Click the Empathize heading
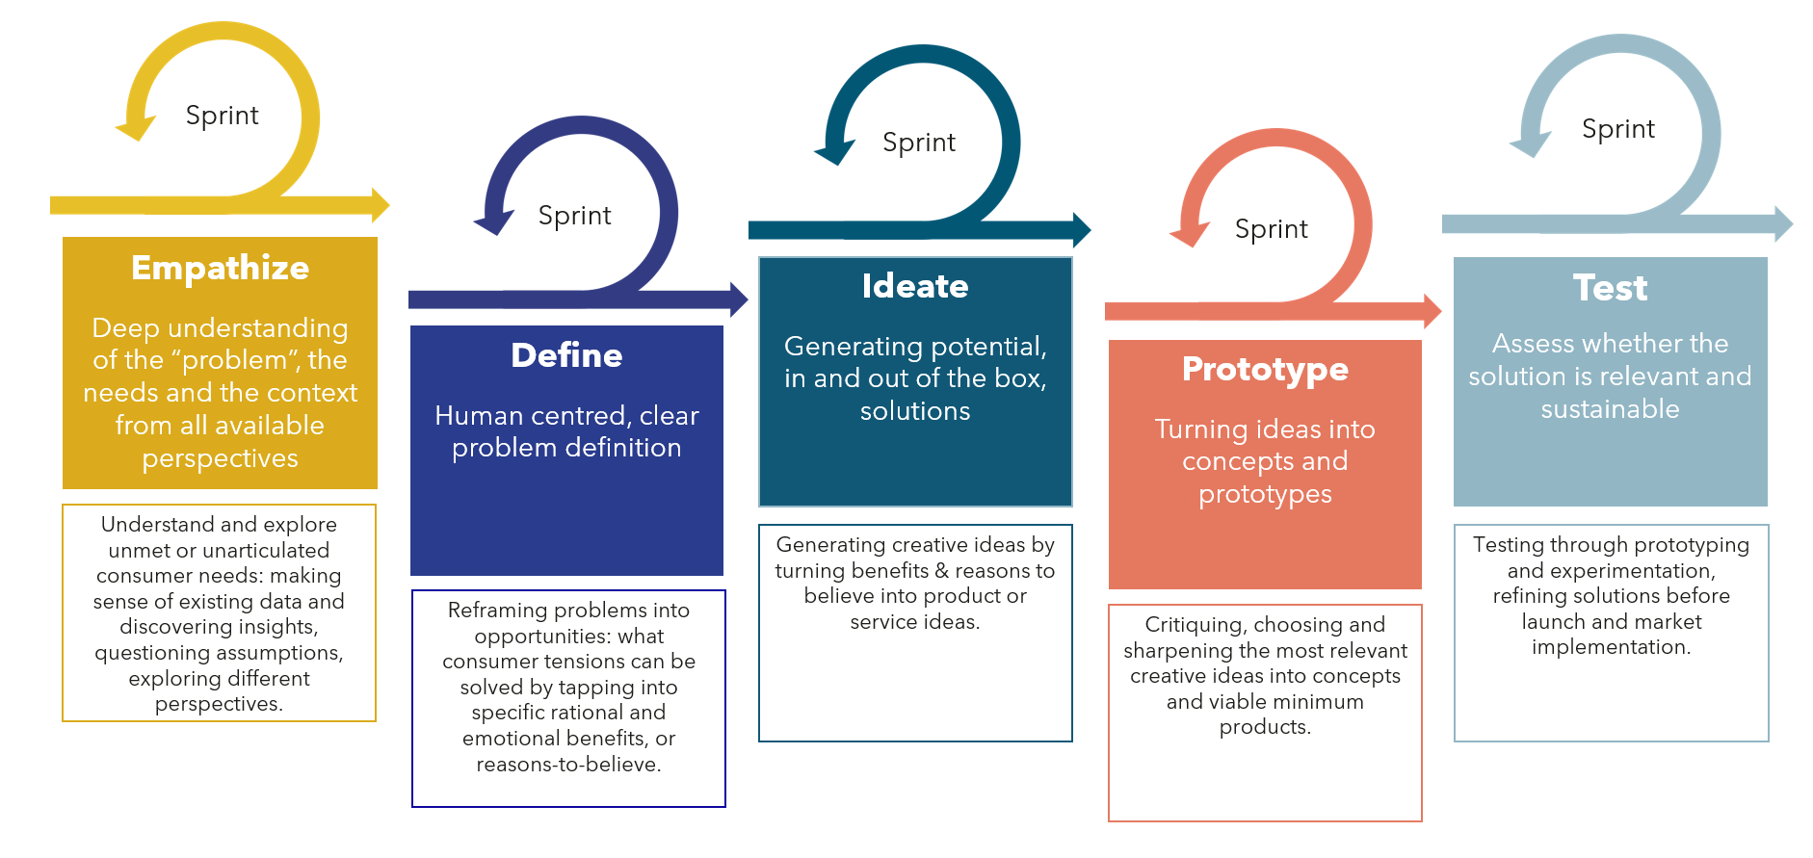[x=220, y=268]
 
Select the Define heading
[x=566, y=355]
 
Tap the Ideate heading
[x=915, y=286]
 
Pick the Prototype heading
[x=1265, y=369]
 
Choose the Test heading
[x=1610, y=288]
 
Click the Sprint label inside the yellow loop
[x=222, y=116]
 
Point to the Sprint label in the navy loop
[x=574, y=216]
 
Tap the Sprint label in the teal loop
[x=919, y=143]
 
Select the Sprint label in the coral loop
[x=1271, y=229]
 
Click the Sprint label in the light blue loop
[x=1617, y=129]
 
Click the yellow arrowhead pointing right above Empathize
[x=380, y=205]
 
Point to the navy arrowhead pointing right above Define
[x=738, y=299]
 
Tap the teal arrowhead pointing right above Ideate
[x=1081, y=229]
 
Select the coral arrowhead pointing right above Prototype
[x=1432, y=311]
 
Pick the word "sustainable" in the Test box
[x=1610, y=409]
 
